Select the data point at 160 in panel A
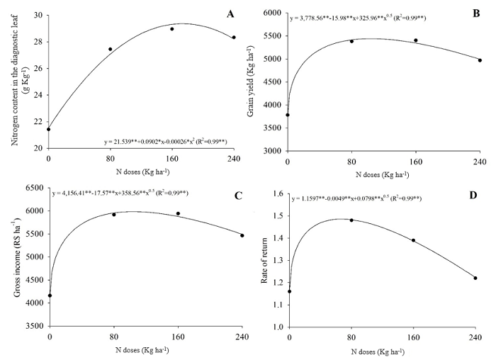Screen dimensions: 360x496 pyautogui.click(x=172, y=29)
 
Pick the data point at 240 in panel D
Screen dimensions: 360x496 pyautogui.click(x=475, y=278)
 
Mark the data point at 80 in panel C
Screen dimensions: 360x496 pyautogui.click(x=113, y=214)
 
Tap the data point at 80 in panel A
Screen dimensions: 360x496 pyautogui.click(x=110, y=49)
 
